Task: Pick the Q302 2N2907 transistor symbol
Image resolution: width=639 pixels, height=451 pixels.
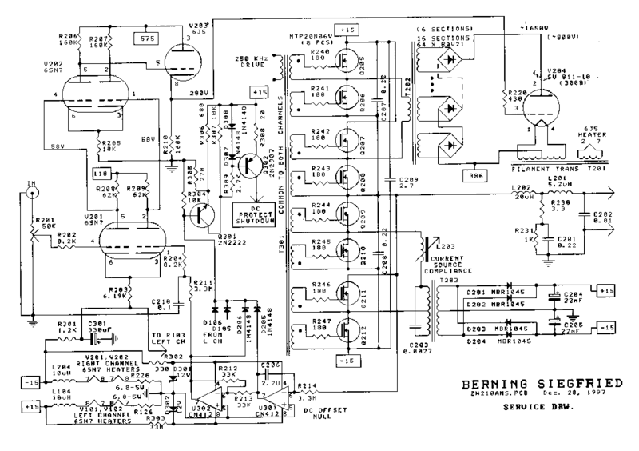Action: pyautogui.click(x=255, y=163)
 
